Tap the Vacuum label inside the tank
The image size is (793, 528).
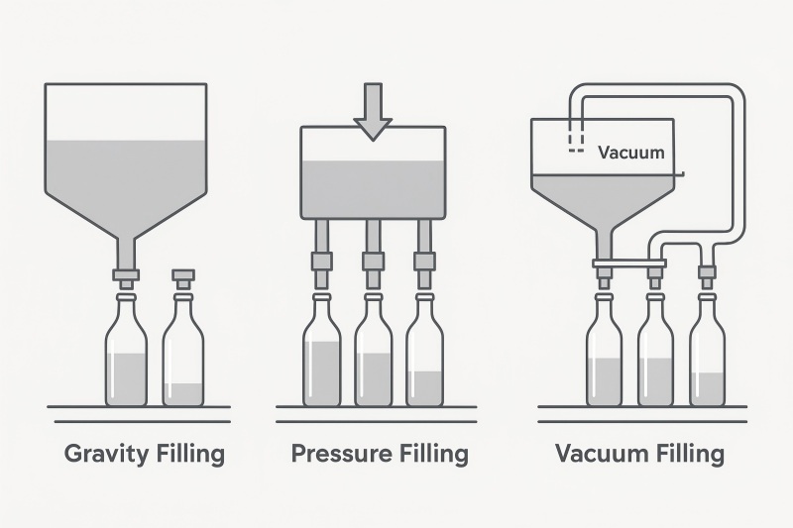(631, 154)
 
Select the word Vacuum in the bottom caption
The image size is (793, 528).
(600, 455)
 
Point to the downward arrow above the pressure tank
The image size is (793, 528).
(373, 110)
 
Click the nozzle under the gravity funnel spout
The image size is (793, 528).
(126, 275)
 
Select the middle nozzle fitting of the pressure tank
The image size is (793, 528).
(373, 262)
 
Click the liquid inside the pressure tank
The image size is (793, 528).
(373, 188)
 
